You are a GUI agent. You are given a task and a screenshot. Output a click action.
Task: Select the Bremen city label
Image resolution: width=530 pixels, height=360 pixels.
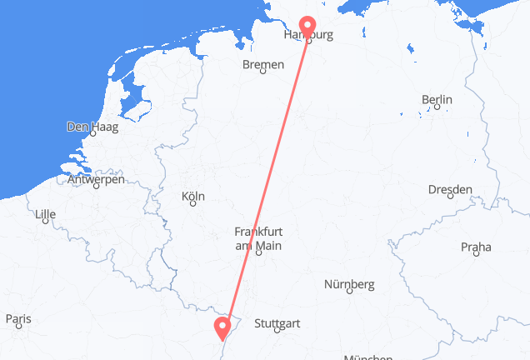point(262,64)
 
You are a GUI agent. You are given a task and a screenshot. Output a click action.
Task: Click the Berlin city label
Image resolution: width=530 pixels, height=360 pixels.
point(437,100)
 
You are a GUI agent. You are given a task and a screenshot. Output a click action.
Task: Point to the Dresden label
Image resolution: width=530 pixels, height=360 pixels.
point(449,190)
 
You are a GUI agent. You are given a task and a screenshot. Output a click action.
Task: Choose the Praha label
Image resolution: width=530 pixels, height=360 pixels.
point(476,247)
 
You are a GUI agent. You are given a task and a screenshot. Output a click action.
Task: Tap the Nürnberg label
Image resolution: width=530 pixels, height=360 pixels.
point(348,284)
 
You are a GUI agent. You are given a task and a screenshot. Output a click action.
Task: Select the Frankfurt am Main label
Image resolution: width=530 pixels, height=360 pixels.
point(258,239)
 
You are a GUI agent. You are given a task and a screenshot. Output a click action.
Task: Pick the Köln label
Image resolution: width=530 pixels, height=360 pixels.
point(192,197)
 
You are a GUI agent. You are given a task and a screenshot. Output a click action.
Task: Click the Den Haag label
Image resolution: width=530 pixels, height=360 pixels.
point(92,128)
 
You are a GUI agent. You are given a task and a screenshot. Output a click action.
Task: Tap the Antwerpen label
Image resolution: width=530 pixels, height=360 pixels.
point(97,179)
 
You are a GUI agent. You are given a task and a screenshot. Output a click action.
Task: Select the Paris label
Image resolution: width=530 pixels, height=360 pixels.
point(18,319)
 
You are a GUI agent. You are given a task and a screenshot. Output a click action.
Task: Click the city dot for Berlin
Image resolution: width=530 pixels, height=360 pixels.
point(437,109)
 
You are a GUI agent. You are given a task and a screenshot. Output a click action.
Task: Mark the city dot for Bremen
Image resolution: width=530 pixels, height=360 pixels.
point(262,73)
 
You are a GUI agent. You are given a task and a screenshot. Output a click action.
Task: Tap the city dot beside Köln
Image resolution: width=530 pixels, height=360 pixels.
point(192,207)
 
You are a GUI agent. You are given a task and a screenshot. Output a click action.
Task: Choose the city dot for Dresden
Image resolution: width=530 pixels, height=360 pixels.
point(450,199)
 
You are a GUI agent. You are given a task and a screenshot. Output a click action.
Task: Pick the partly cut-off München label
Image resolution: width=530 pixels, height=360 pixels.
point(367,356)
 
